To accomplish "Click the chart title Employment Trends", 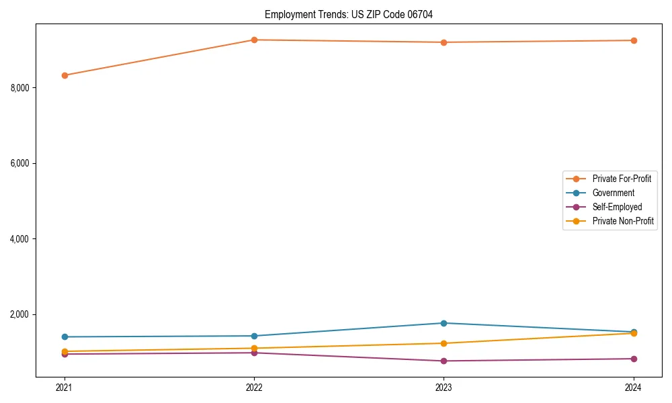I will [353, 14].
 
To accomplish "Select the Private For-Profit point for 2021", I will [65, 75].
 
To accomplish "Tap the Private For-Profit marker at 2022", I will [254, 40].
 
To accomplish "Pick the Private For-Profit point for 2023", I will [444, 42].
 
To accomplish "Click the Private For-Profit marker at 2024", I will [634, 40].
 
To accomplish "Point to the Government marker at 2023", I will [444, 323].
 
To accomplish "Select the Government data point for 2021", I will [65, 337].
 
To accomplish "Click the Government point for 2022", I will [254, 336].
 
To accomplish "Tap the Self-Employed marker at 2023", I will [444, 361].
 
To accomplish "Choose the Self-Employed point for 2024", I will [634, 359].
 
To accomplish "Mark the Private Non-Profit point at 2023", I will [444, 343].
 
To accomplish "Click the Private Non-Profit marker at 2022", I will [254, 348].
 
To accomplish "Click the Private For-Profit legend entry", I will [621, 179].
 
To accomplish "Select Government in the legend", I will [613, 193].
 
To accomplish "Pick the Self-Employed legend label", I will [617, 207].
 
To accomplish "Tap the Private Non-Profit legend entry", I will [622, 221].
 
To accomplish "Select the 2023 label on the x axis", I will [444, 388].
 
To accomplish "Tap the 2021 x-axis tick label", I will [65, 388].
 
